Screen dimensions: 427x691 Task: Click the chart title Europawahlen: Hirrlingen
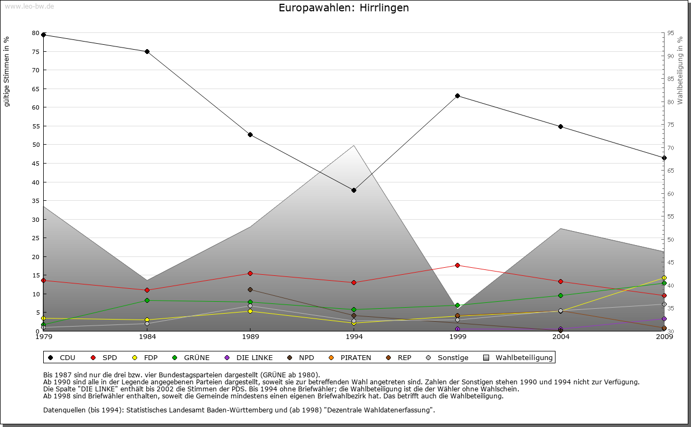click(344, 8)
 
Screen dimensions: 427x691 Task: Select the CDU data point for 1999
click(457, 96)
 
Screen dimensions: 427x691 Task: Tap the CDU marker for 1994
click(354, 190)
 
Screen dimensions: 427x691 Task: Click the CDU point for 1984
click(147, 51)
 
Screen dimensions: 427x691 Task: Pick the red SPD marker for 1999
click(457, 265)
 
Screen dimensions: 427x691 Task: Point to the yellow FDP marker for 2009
click(664, 278)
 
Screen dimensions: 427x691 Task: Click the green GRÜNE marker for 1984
click(147, 300)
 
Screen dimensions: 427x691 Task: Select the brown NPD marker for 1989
click(250, 289)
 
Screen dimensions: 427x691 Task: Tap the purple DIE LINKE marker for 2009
click(664, 318)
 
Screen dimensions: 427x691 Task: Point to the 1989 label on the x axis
click(250, 337)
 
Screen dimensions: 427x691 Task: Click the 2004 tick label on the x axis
click(561, 337)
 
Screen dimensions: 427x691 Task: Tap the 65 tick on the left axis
click(36, 89)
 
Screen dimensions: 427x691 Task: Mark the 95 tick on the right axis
click(670, 33)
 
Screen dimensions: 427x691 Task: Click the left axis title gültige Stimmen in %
click(7, 71)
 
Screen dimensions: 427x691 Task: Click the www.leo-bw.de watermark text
click(29, 6)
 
